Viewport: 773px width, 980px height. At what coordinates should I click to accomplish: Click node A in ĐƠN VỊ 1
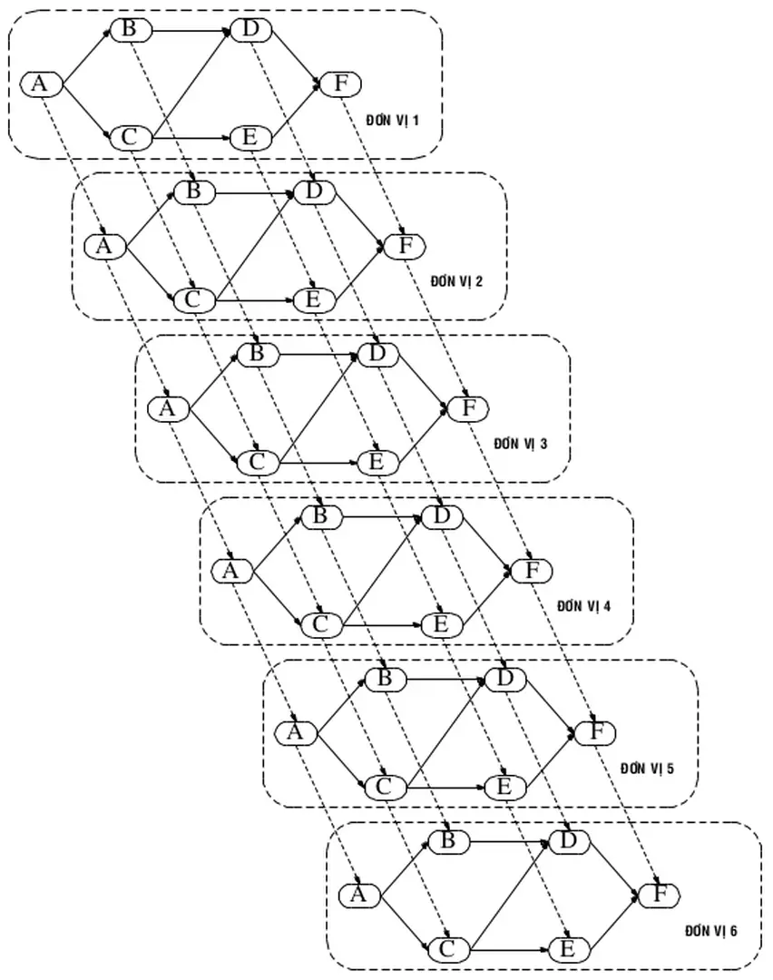(x=40, y=84)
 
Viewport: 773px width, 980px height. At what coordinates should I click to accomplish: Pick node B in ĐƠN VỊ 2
(x=193, y=191)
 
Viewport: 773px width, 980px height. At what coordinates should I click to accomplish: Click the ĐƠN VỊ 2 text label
(x=457, y=280)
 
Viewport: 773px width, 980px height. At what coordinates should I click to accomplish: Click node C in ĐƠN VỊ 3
(x=257, y=462)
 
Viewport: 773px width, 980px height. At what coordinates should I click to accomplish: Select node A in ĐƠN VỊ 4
(x=230, y=572)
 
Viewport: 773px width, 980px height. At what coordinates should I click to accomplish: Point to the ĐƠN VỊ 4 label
(x=584, y=605)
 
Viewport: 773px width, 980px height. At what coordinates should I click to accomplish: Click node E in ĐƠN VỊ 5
(x=504, y=786)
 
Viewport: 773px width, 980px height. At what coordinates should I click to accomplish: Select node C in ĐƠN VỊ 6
(x=447, y=949)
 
